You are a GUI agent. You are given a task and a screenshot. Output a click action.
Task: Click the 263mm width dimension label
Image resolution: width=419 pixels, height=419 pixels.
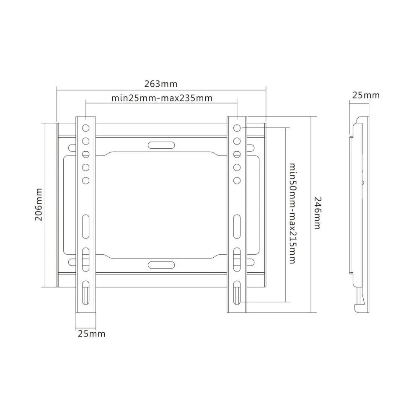161,84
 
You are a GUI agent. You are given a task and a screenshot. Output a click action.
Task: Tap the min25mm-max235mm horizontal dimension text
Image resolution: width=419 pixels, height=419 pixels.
162,98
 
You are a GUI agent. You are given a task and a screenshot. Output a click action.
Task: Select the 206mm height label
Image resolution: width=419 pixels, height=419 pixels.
39,205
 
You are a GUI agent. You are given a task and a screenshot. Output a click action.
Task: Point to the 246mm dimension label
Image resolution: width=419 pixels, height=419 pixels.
317,213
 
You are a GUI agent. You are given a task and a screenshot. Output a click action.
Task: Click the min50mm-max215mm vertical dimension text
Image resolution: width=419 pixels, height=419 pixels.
293,214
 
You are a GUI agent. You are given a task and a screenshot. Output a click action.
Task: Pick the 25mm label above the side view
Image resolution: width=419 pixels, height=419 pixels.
366,95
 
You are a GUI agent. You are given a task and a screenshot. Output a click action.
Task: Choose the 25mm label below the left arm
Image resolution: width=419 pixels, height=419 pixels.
91,334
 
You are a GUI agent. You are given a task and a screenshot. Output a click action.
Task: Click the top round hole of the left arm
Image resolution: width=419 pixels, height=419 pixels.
86,128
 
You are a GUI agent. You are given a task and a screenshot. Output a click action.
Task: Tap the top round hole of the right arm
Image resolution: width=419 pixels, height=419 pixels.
237,128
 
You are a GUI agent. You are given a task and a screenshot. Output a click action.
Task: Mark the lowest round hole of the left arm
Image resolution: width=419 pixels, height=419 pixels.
86,181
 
